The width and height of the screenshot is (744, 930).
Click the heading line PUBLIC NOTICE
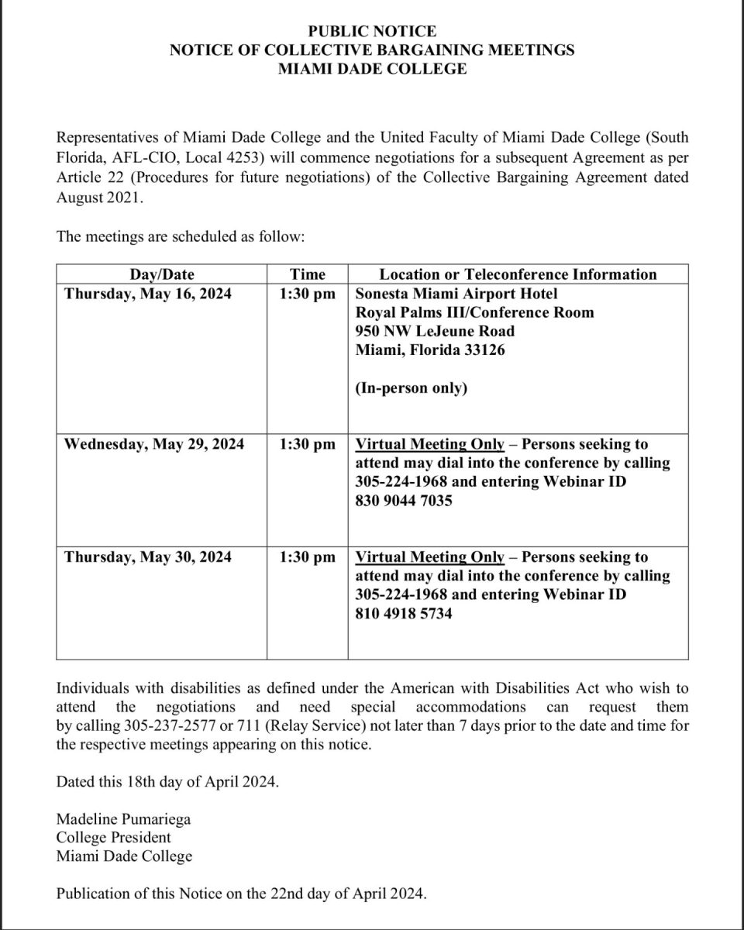(x=372, y=32)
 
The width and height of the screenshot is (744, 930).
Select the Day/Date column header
(x=161, y=274)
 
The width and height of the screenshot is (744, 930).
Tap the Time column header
(x=307, y=274)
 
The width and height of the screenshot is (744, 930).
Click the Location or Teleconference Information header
(x=518, y=274)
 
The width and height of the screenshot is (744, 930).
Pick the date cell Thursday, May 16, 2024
(x=147, y=294)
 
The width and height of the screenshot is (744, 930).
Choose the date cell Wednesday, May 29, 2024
(x=154, y=445)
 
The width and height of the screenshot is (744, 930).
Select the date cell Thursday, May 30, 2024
(x=147, y=557)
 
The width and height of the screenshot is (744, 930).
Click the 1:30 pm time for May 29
(x=308, y=445)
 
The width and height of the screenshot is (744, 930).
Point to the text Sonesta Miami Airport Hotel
(x=456, y=294)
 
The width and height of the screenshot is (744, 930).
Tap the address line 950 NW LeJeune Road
(x=435, y=332)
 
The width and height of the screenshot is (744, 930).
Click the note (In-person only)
(x=411, y=388)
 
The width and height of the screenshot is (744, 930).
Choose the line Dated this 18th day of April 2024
(x=167, y=781)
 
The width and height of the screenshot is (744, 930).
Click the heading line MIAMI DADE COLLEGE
(x=372, y=69)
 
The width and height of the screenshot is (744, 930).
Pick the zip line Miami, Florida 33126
(x=428, y=350)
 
